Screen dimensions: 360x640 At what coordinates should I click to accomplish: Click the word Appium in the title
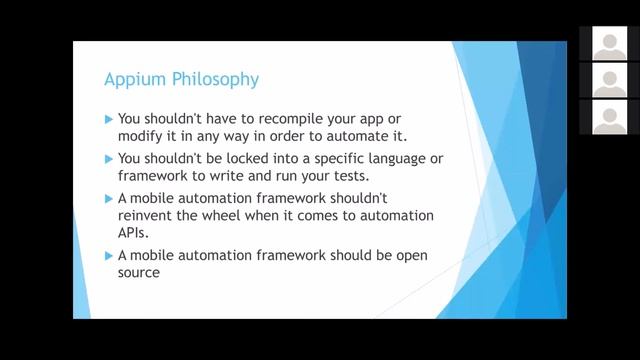(133, 78)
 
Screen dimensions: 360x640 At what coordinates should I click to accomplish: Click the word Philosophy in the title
(212, 78)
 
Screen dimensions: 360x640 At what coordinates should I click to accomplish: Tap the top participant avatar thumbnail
(609, 43)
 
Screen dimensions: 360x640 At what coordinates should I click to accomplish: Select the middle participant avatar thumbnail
(609, 79)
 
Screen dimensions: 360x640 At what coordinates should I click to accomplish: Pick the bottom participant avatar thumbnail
(609, 116)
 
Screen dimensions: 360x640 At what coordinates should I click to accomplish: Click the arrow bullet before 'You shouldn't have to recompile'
(109, 117)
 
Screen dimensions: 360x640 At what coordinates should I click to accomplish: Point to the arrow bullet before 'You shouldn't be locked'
(109, 158)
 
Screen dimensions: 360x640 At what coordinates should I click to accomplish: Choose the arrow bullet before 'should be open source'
(109, 256)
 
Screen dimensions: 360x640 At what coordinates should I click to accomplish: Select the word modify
(139, 135)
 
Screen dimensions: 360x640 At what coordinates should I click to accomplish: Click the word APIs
(133, 232)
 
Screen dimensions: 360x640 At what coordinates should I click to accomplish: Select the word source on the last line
(139, 272)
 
